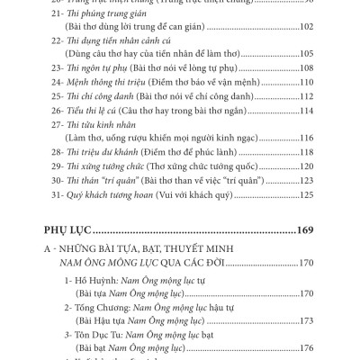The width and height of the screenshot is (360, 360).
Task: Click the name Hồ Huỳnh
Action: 94,281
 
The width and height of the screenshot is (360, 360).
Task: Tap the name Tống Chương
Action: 102,307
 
